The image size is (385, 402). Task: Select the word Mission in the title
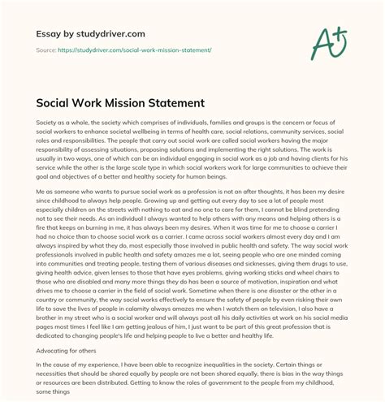tap(132, 105)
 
